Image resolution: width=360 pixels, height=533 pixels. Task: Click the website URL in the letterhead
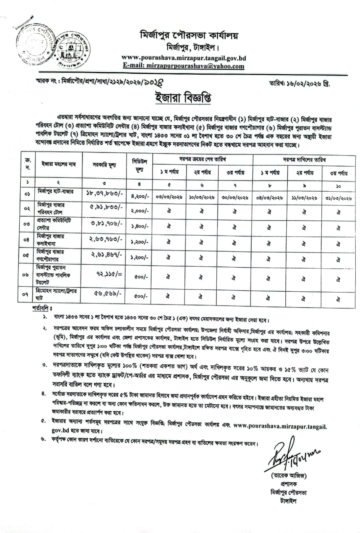point(184,58)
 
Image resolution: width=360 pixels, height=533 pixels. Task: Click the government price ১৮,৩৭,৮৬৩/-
point(104,194)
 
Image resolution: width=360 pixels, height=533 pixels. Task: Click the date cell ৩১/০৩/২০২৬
point(338,197)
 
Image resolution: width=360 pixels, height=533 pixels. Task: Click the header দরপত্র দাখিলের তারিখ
point(304,159)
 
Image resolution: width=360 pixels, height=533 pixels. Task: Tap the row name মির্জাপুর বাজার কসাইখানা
point(50,240)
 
